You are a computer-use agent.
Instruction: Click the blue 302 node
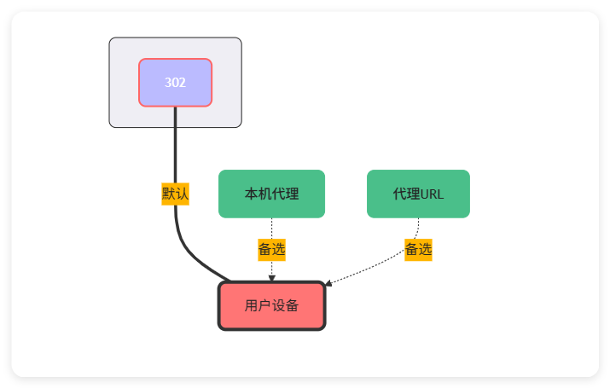point(175,83)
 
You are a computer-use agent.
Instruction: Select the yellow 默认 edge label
point(175,194)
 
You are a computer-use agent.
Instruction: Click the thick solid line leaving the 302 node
point(175,145)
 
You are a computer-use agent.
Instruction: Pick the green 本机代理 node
point(271,194)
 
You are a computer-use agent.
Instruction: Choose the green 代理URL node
point(418,194)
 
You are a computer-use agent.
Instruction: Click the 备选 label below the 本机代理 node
point(271,250)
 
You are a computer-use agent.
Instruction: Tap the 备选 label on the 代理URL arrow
point(418,249)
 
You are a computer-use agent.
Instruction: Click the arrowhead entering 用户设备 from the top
point(271,278)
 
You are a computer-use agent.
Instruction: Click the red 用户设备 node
point(271,305)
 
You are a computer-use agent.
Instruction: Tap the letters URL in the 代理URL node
point(432,194)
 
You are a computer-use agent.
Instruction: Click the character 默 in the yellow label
point(169,194)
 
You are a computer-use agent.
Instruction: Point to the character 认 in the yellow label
point(182,194)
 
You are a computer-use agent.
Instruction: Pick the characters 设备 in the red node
point(285,305)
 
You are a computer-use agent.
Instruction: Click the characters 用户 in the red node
point(258,305)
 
